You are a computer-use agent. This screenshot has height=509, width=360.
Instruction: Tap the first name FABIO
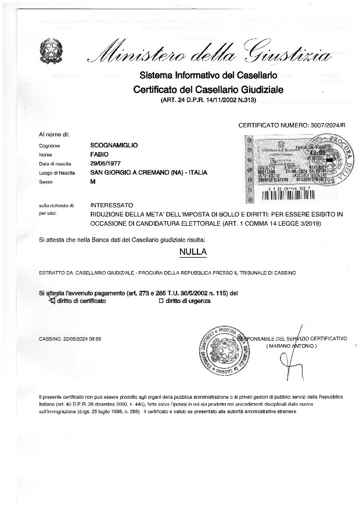pyautogui.click(x=99, y=155)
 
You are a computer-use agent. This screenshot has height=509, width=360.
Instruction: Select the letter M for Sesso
pyautogui.click(x=93, y=182)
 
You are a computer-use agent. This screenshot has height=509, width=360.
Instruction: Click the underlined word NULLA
pyautogui.click(x=193, y=252)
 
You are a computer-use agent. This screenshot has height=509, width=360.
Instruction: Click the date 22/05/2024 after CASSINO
pyautogui.click(x=73, y=338)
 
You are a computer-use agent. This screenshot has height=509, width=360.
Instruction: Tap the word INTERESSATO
pyautogui.click(x=112, y=205)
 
